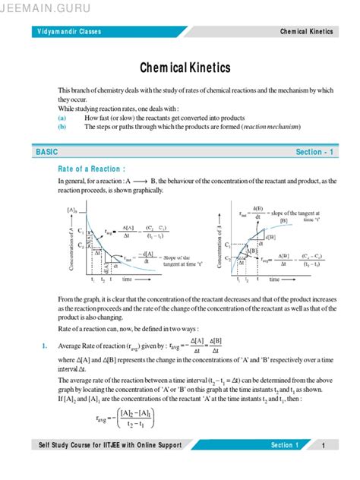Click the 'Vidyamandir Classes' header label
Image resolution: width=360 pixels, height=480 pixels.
70,32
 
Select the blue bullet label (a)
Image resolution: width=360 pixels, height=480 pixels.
62,118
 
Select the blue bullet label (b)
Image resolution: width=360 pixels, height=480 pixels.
62,127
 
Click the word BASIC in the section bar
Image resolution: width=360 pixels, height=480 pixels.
46,152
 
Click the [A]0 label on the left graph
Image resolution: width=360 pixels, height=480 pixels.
73,209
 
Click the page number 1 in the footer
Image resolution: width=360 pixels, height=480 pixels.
324,445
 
